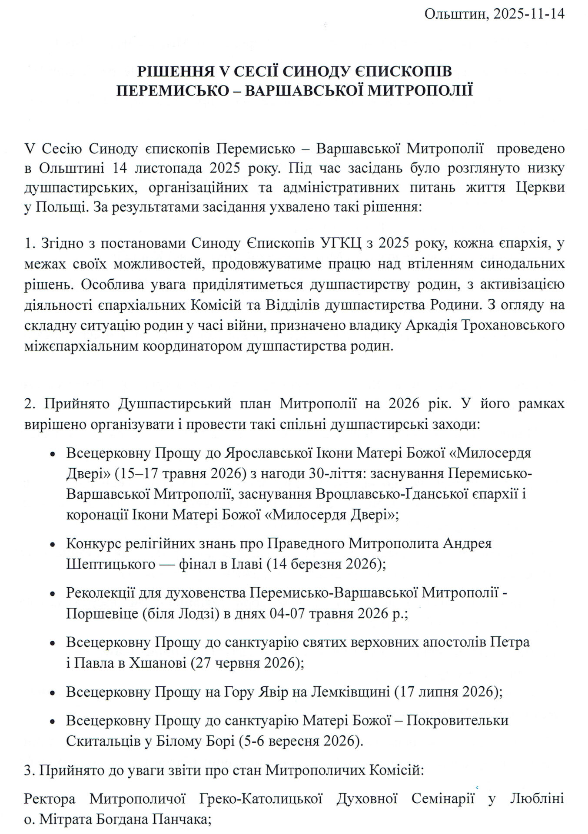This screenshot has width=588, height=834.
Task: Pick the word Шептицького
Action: pyautogui.click(x=110, y=564)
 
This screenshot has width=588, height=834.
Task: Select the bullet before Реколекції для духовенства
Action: pyautogui.click(x=53, y=594)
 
